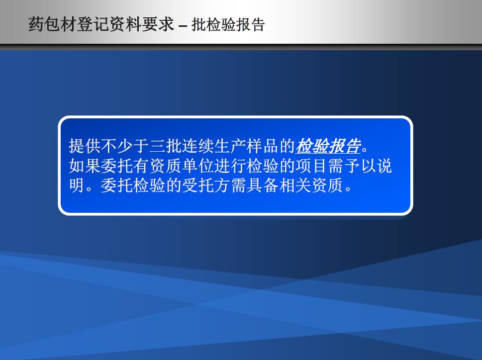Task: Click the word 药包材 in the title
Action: point(53,24)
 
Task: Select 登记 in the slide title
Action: point(93,24)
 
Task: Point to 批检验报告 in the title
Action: point(228,24)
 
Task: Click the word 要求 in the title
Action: point(158,24)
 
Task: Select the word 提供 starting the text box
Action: point(85,146)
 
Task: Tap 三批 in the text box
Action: point(166,146)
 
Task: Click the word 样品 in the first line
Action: point(263,146)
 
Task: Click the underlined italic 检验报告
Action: point(328,146)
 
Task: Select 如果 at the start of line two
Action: point(85,166)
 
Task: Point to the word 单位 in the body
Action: point(198,166)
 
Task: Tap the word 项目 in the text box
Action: point(311,166)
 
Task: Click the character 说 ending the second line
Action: point(385,166)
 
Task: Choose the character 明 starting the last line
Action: point(77,185)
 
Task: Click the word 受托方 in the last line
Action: point(206,185)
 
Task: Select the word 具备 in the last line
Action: point(263,185)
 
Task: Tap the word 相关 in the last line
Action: point(295,185)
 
